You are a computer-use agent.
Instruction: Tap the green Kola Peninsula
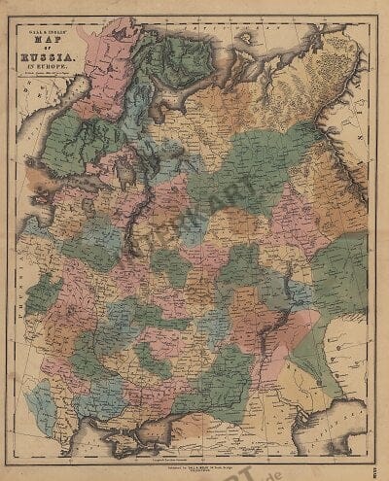(x=165, y=58)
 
